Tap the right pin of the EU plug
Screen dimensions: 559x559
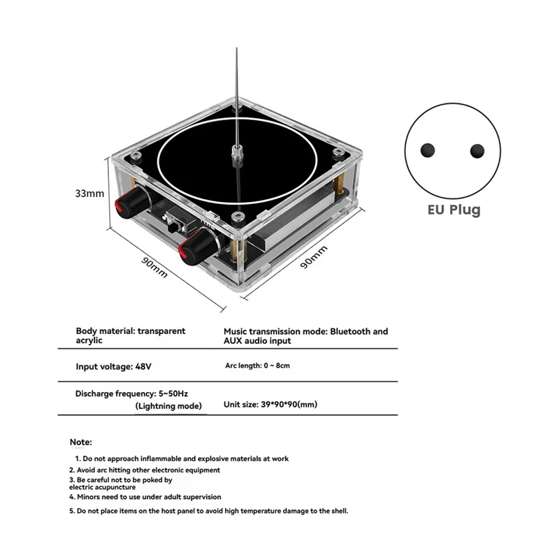tap(477, 150)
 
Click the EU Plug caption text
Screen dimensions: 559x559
tap(453, 209)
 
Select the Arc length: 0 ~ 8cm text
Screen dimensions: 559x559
tap(257, 365)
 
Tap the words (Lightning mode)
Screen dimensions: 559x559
tap(168, 406)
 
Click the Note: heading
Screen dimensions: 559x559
tap(81, 442)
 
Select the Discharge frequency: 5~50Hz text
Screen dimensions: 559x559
tap(129, 393)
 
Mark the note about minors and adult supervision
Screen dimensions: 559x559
tap(145, 497)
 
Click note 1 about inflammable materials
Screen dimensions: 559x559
tap(182, 458)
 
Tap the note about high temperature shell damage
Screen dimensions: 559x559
tap(208, 511)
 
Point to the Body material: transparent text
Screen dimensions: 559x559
tap(131, 331)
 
